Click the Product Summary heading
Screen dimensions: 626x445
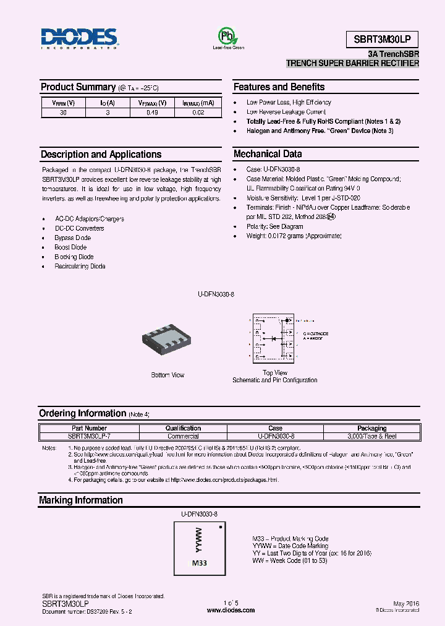point(78,87)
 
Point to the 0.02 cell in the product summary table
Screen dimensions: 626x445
point(198,113)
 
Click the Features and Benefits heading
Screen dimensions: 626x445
point(279,87)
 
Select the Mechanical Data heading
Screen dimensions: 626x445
point(268,154)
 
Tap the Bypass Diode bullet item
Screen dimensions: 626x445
point(73,238)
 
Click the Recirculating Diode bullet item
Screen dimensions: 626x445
point(80,267)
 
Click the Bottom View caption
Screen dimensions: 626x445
point(167,375)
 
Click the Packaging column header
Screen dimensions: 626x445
point(372,428)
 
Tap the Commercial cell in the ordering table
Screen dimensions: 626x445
point(183,436)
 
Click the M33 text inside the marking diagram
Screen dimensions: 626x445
point(199,563)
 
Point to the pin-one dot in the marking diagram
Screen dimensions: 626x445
point(221,527)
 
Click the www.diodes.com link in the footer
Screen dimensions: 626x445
point(231,610)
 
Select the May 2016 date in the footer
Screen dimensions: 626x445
point(405,602)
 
